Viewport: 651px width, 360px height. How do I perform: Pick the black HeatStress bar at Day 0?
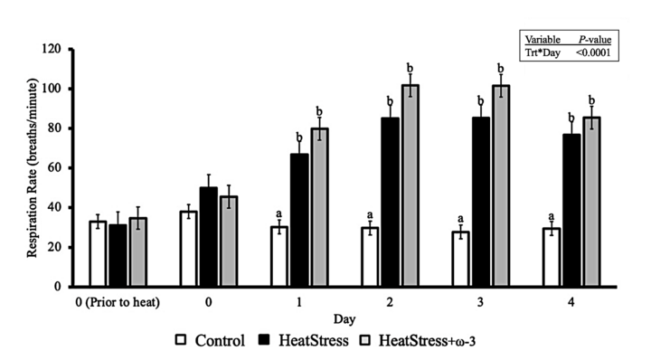click(208, 237)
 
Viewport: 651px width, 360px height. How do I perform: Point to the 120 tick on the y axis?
click(61, 49)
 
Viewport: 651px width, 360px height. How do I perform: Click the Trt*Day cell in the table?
click(543, 53)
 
